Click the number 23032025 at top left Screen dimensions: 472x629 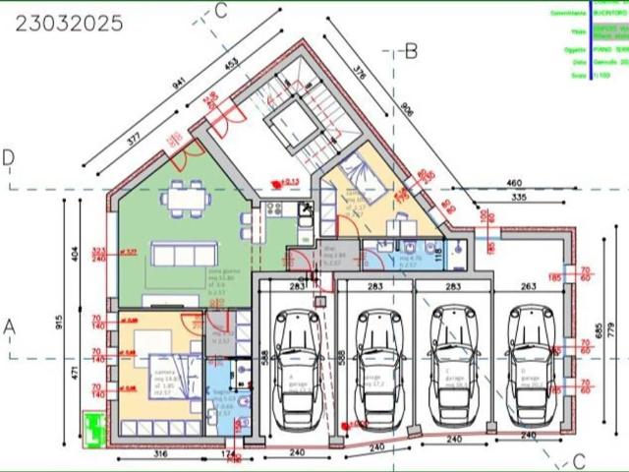coord(69,23)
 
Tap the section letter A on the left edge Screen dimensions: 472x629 coord(9,324)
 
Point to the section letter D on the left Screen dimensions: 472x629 coord(9,158)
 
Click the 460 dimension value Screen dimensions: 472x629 coord(513,183)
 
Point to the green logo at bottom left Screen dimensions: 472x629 coord(94,429)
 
